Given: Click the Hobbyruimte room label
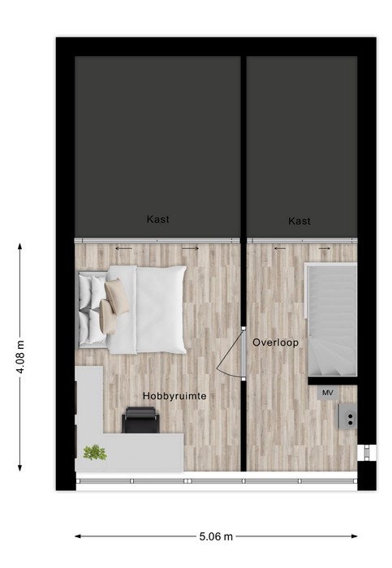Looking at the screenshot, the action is [174, 396].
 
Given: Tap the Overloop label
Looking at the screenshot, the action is [275, 342].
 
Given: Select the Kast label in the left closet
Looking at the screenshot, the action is [157, 219].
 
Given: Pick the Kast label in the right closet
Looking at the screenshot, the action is [299, 221].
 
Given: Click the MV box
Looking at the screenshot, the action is [328, 393].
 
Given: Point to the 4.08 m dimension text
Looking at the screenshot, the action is [20, 357].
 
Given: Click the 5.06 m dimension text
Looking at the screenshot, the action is [216, 536].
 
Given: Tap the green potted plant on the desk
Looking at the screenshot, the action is [95, 453].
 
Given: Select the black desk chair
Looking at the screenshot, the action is [140, 420].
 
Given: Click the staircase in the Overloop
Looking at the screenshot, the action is [332, 321].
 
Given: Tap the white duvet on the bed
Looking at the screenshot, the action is [161, 309].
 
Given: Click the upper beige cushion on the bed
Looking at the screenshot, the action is [117, 296].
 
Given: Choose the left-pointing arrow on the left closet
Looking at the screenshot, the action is [123, 248].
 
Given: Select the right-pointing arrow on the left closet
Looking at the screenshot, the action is [190, 248].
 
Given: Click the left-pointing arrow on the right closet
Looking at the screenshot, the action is [280, 248].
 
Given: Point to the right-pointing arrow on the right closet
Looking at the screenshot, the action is [325, 248].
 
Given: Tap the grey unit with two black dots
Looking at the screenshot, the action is [348, 415].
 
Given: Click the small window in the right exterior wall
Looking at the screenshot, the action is [366, 453].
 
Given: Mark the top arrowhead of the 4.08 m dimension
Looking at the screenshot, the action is [20, 247].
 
